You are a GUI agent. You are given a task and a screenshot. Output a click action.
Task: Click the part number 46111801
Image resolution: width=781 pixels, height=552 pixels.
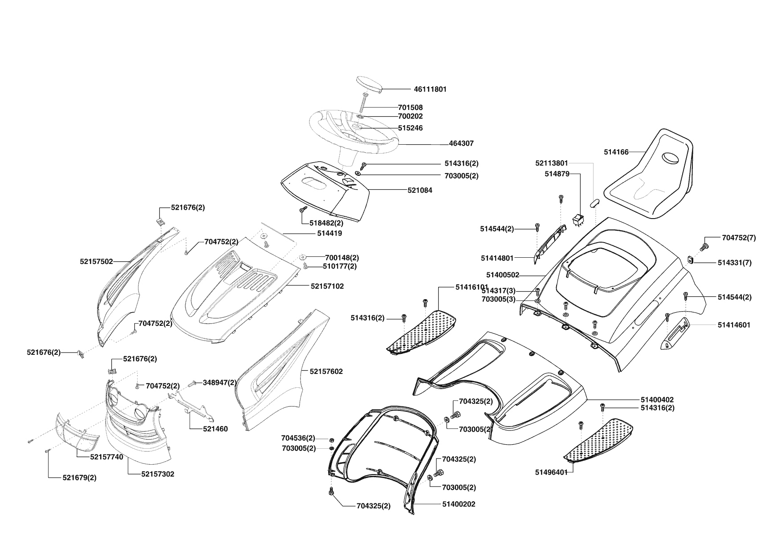pyautogui.click(x=430, y=89)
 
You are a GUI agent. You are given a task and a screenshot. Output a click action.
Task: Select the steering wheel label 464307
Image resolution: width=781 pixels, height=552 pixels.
pyautogui.click(x=461, y=144)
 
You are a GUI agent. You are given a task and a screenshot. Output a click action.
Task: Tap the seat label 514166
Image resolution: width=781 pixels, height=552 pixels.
pyautogui.click(x=616, y=152)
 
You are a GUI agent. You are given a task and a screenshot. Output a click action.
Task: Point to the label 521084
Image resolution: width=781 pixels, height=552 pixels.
pyautogui.click(x=419, y=191)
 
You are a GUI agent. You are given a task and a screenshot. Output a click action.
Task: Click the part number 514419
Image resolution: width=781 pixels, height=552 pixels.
pyautogui.click(x=329, y=233)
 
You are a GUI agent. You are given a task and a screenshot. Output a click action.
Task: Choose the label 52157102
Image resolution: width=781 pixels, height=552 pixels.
pyautogui.click(x=327, y=286)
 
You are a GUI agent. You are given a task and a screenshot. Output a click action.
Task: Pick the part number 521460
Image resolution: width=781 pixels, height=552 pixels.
pyautogui.click(x=215, y=429)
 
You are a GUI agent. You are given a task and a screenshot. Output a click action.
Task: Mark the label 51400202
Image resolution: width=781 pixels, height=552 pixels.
pyautogui.click(x=459, y=504)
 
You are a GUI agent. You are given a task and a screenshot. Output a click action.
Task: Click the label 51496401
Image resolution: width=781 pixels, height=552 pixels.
pyautogui.click(x=551, y=472)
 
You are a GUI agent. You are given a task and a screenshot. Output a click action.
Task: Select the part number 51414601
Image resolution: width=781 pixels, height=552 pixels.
pyautogui.click(x=734, y=325)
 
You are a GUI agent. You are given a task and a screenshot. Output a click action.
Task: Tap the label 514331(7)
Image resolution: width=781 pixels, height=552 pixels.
pyautogui.click(x=734, y=263)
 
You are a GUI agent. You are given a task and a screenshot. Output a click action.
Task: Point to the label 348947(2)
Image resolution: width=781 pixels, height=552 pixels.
pyautogui.click(x=220, y=382)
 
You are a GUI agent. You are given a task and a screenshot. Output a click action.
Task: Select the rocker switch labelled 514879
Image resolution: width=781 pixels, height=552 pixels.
pyautogui.click(x=578, y=220)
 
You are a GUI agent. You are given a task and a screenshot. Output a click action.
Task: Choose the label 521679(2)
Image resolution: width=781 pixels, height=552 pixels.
pyautogui.click(x=79, y=478)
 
